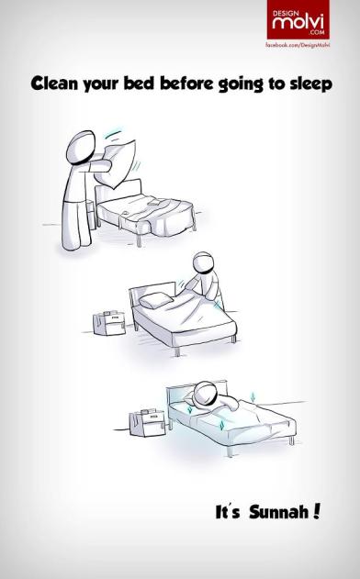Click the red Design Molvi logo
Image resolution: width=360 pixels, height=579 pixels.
coord(298,19)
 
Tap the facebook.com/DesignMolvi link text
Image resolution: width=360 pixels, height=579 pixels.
coord(298,45)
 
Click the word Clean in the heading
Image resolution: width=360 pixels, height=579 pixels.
coord(55,84)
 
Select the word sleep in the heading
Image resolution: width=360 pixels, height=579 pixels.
coord(310,84)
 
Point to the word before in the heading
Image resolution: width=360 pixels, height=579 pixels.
coord(186,84)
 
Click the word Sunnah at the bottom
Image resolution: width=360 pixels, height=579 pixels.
coord(279,512)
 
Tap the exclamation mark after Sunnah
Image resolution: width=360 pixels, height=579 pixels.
coord(316,511)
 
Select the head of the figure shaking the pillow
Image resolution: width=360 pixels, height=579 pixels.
coord(81,147)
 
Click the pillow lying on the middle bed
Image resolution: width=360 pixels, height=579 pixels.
coord(155,300)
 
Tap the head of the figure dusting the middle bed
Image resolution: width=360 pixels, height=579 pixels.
coord(203,263)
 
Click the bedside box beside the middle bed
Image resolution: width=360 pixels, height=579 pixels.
coord(109,324)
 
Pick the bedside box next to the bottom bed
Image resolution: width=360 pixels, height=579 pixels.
coord(147,423)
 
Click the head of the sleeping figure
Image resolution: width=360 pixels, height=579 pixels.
coord(205,394)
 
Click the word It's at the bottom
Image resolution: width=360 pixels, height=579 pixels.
coord(228,512)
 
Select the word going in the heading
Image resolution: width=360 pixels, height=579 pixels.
coord(241,84)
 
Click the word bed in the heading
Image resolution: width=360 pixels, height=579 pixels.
coord(139,84)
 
